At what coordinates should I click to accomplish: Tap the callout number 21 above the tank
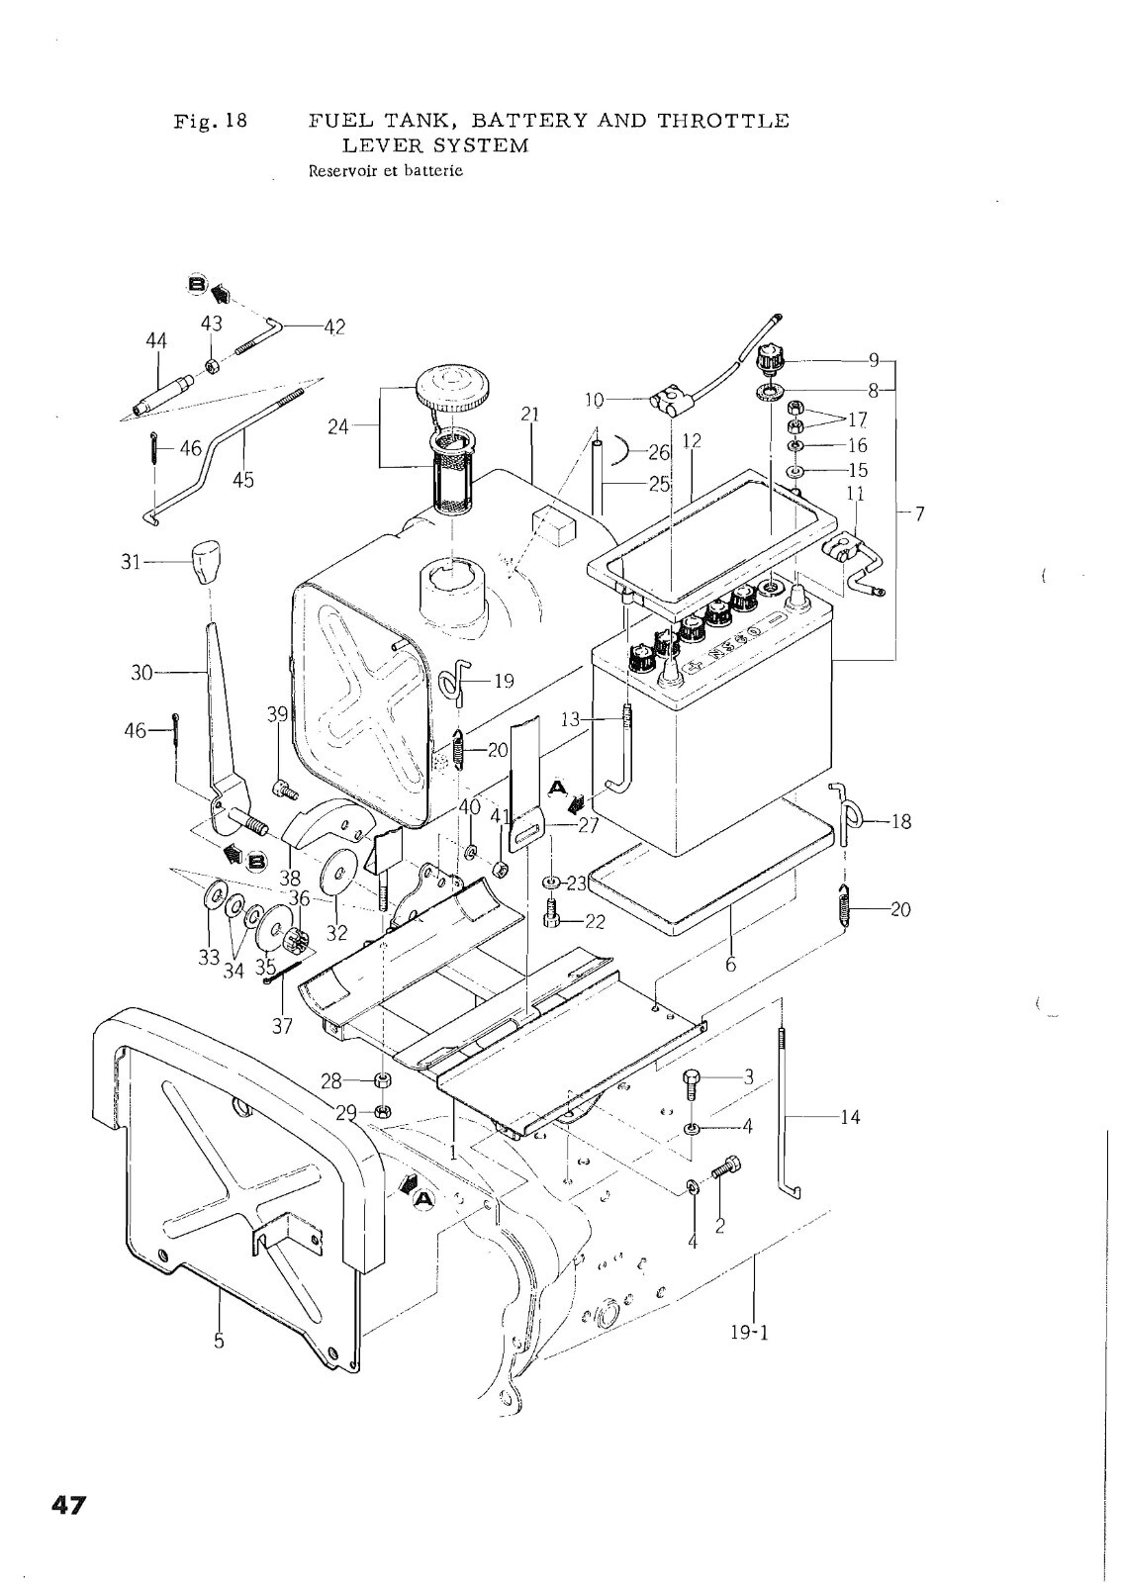coord(530,415)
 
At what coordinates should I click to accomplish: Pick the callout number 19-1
coord(750,1352)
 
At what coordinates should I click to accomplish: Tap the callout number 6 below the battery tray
coord(730,964)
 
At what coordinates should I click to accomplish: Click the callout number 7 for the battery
coord(919,513)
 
